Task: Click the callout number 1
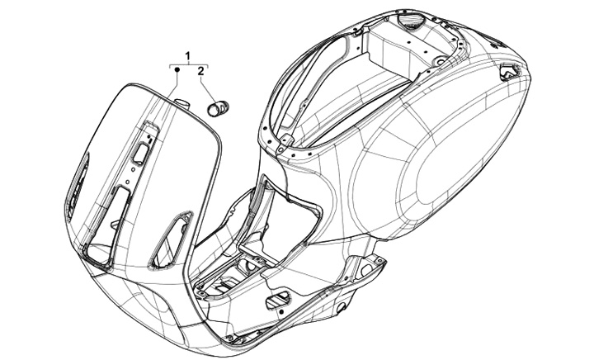pos(188,55)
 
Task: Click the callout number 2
pos(200,73)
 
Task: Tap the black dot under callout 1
pos(177,72)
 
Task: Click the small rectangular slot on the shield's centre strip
pos(142,153)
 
